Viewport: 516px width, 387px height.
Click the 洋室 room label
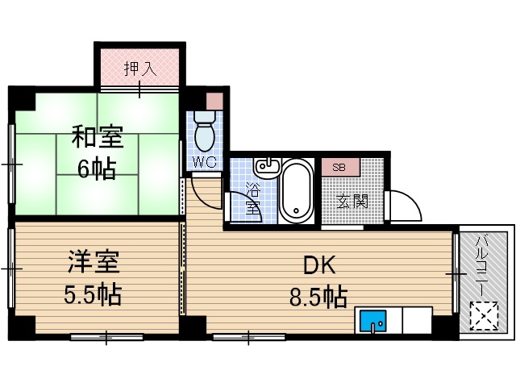tap(93, 263)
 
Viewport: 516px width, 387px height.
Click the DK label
tap(318, 264)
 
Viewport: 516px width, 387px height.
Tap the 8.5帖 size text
tap(318, 297)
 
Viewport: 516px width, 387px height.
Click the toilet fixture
tap(205, 131)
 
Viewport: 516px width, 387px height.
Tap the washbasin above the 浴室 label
tap(265, 168)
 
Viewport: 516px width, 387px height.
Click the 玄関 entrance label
tap(352, 200)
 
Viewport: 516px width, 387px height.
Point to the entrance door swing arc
tap(406, 205)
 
